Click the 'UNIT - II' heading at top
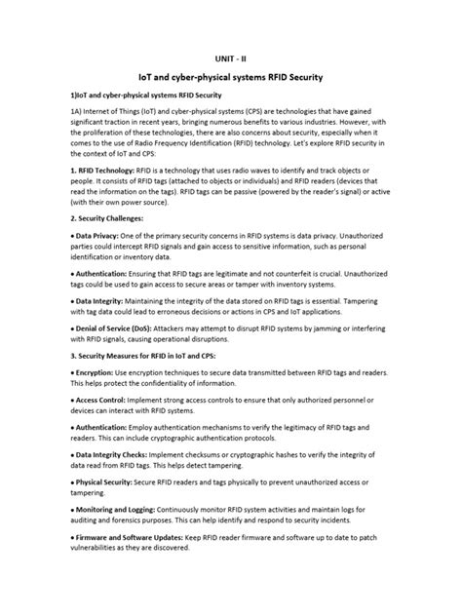click(231, 58)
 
